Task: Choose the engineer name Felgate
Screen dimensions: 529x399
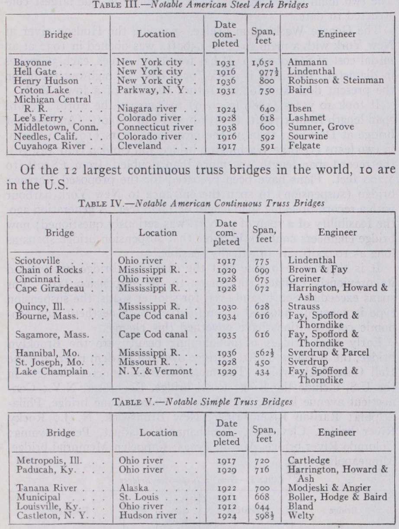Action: point(303,146)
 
